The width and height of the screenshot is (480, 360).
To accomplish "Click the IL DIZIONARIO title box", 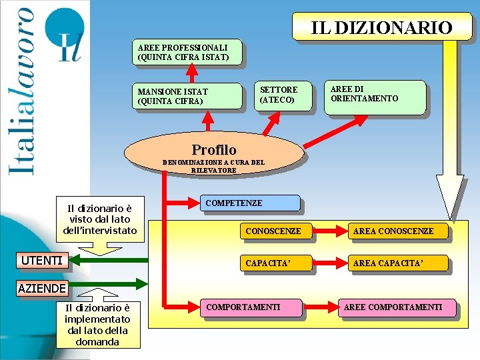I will coord(382,27).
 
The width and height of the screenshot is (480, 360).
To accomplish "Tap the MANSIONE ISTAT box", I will coord(189,96).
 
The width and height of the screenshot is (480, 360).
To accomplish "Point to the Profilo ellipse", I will coord(214,150).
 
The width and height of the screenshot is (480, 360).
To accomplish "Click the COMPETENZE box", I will coord(251,203).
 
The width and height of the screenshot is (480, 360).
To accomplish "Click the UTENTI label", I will coord(41,261).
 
